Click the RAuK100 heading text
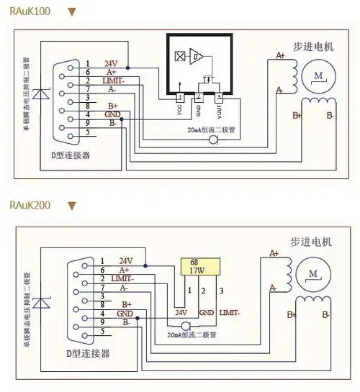(30, 12)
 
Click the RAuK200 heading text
(30, 206)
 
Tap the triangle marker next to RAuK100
(71, 12)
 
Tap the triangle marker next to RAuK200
(71, 206)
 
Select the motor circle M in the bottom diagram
(313, 273)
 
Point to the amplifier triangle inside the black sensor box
(197, 56)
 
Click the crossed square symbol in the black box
(179, 56)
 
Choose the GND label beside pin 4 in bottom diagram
(125, 313)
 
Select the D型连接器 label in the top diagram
(75, 155)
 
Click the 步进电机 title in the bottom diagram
(311, 242)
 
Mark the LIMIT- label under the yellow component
(230, 313)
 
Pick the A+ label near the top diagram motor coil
(282, 55)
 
